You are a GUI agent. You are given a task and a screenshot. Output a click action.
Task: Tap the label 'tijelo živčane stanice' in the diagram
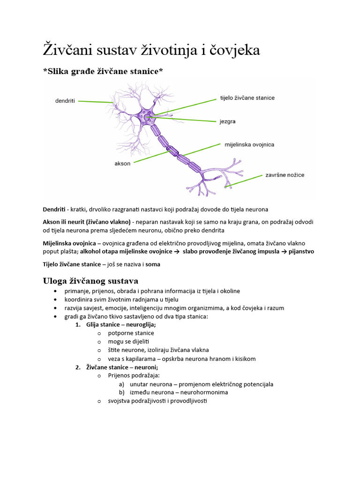click(247, 98)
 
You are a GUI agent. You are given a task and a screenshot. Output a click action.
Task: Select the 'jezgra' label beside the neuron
click(227, 121)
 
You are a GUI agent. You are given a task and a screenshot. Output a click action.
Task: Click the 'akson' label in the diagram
click(122, 164)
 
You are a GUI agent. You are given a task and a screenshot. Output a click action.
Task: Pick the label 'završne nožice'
click(285, 175)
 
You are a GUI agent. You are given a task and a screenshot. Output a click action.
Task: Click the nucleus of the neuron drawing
click(147, 119)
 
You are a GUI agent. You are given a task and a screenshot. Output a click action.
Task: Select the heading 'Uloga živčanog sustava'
click(90, 281)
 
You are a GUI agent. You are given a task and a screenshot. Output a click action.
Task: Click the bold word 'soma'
click(153, 264)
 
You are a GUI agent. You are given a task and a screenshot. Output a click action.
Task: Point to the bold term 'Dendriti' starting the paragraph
click(54, 209)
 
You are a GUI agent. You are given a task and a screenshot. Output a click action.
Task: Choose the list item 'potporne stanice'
click(131, 333)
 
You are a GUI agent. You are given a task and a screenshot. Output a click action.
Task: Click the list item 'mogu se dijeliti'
click(128, 341)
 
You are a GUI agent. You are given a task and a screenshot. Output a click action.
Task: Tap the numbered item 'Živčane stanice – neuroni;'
click(122, 367)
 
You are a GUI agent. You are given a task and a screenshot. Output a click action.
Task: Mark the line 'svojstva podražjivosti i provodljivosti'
click(157, 401)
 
